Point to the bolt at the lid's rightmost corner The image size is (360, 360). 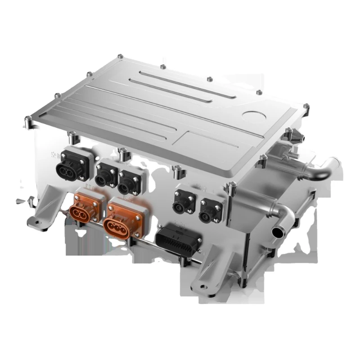(306, 107)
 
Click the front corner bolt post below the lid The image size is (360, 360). (232, 189)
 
